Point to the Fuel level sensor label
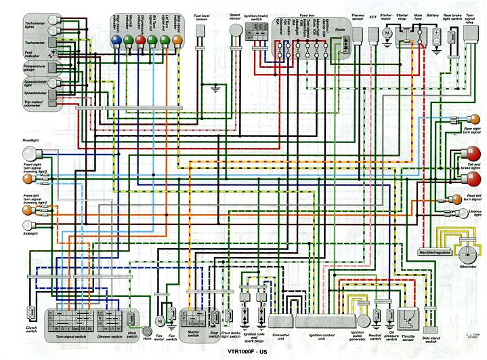(200, 18)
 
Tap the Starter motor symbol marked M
(388, 32)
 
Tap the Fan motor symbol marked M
(161, 320)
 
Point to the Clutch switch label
(31, 331)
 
